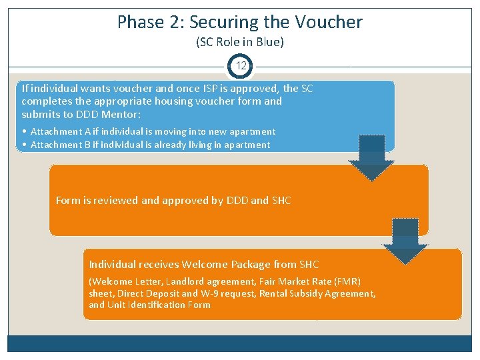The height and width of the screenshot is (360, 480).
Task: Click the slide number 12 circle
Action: pos(241,66)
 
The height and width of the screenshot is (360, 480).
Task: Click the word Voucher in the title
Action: pos(329,22)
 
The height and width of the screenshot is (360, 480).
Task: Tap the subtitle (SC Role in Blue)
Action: pos(240,42)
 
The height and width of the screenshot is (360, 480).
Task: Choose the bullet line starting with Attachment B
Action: pos(150,145)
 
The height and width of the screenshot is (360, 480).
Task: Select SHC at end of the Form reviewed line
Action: pos(281,200)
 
